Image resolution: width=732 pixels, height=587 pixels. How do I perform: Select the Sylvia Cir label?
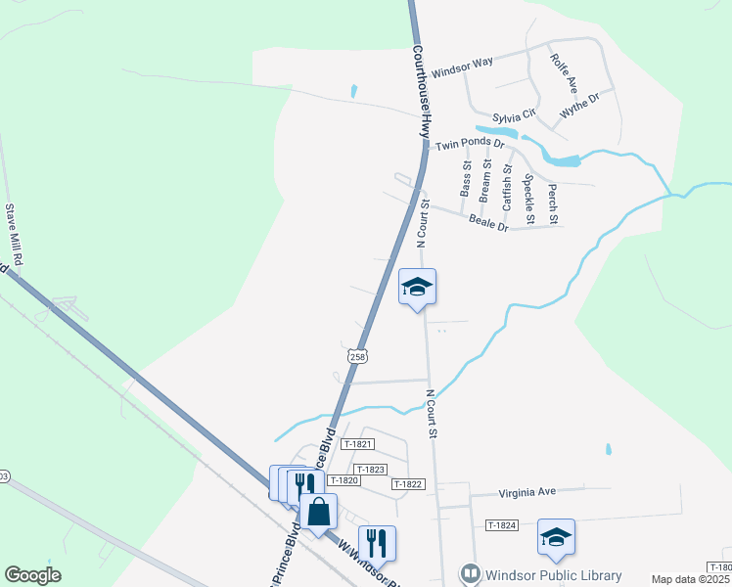515,116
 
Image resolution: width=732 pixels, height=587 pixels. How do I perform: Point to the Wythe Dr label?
578,106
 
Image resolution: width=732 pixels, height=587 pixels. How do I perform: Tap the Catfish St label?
507,187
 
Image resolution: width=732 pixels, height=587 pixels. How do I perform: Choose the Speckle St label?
528,193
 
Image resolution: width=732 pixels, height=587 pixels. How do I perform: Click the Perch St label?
552,202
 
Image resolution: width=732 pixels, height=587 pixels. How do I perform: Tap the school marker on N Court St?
417,288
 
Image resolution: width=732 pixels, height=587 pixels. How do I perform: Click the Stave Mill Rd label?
14,236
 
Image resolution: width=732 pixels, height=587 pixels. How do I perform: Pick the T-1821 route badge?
358,443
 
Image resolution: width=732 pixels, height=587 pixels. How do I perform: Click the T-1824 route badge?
501,525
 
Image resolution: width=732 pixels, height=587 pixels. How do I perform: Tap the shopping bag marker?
319,512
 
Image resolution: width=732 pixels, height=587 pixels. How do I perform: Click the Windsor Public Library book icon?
471,573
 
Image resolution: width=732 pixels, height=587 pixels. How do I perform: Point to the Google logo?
33,575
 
